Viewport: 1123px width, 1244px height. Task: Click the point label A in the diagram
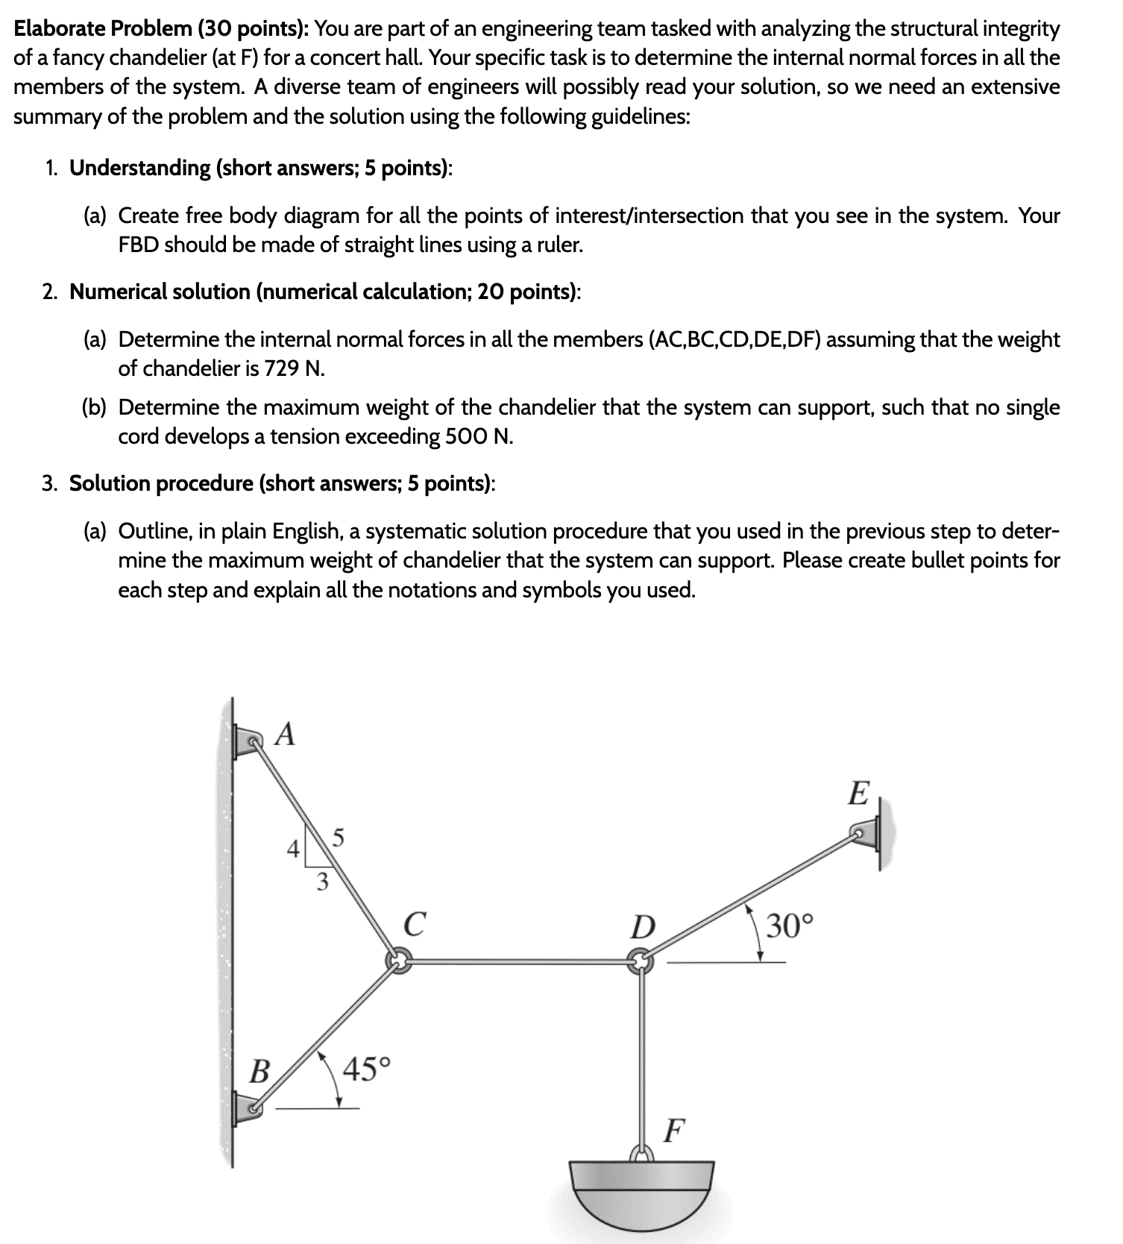[x=284, y=735]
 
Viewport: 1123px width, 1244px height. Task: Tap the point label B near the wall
[x=259, y=1072]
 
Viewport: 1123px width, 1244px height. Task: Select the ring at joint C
[x=398, y=961]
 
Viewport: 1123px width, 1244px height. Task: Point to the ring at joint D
[x=640, y=961]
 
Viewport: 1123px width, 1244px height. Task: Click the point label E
[x=858, y=794]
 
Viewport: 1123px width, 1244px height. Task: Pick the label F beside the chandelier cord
[x=673, y=1131]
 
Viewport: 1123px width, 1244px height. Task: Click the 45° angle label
[x=366, y=1069]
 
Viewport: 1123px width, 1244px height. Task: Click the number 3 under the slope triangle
[x=322, y=882]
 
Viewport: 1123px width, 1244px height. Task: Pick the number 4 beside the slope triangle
[x=295, y=849]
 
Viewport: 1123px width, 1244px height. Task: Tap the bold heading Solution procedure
[x=160, y=483]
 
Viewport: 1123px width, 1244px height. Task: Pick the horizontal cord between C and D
[x=519, y=961]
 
